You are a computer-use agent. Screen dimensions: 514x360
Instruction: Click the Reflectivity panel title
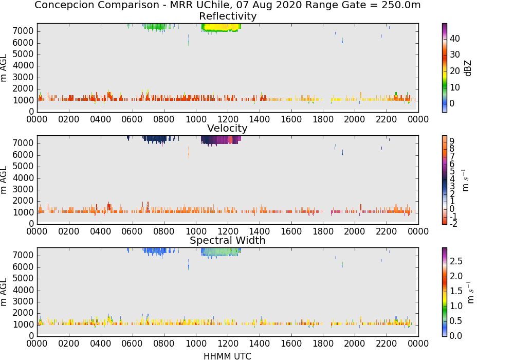tap(228, 16)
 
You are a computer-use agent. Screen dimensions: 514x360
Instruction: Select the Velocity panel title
tap(227, 128)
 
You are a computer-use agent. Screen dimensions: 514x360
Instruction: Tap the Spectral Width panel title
tap(228, 240)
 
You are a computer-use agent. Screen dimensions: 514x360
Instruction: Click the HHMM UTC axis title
tap(227, 356)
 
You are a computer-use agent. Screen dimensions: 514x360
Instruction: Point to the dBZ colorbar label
tap(468, 68)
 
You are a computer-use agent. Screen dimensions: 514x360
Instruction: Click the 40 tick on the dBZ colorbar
tap(455, 39)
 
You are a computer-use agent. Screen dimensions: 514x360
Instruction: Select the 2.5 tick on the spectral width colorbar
tap(456, 261)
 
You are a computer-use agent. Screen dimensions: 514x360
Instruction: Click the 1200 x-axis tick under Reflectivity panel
tap(228, 119)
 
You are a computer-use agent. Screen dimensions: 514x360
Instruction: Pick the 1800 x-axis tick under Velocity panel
tap(323, 231)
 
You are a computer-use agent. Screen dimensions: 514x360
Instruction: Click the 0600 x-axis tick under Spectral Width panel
tap(132, 344)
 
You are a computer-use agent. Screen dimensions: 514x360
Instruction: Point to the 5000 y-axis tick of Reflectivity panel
tap(23, 55)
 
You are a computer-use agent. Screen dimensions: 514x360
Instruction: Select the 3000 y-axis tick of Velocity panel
tap(23, 189)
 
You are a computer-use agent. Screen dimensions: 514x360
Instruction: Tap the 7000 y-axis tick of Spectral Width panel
tap(23, 256)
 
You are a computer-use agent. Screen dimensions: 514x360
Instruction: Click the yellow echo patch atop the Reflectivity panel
tap(221, 27)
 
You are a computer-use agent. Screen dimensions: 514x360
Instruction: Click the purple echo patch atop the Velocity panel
tap(221, 140)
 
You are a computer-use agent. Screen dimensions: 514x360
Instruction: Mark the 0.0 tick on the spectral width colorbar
tap(456, 336)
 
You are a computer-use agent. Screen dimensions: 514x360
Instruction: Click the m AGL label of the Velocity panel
tap(4, 179)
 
